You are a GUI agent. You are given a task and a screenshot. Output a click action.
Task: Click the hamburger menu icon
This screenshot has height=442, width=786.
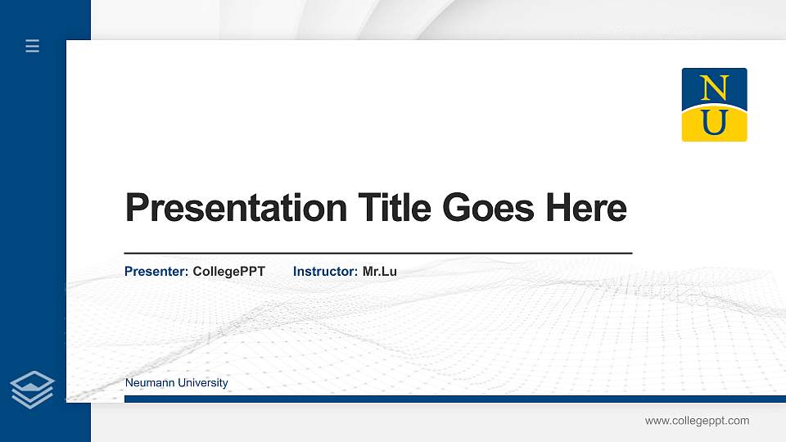point(33,47)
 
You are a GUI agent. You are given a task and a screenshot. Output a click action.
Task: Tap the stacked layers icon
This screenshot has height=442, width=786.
point(33,389)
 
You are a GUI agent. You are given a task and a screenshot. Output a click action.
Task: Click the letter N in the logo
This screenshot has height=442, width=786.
point(715,87)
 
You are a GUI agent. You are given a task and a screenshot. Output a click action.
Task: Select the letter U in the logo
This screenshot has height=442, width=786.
point(715,123)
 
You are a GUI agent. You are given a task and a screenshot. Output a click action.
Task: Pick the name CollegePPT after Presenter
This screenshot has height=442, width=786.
point(229,271)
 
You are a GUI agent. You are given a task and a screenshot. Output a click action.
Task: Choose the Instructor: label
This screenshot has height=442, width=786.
point(325,271)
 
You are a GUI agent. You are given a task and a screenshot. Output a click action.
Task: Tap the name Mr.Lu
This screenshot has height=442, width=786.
point(380,271)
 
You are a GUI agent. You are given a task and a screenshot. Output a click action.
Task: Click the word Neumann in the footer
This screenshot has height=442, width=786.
point(147,383)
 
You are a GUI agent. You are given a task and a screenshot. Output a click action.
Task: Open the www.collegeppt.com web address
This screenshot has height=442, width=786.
point(697,421)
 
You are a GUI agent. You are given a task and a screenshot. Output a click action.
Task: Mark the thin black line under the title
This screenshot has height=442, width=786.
point(377,254)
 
